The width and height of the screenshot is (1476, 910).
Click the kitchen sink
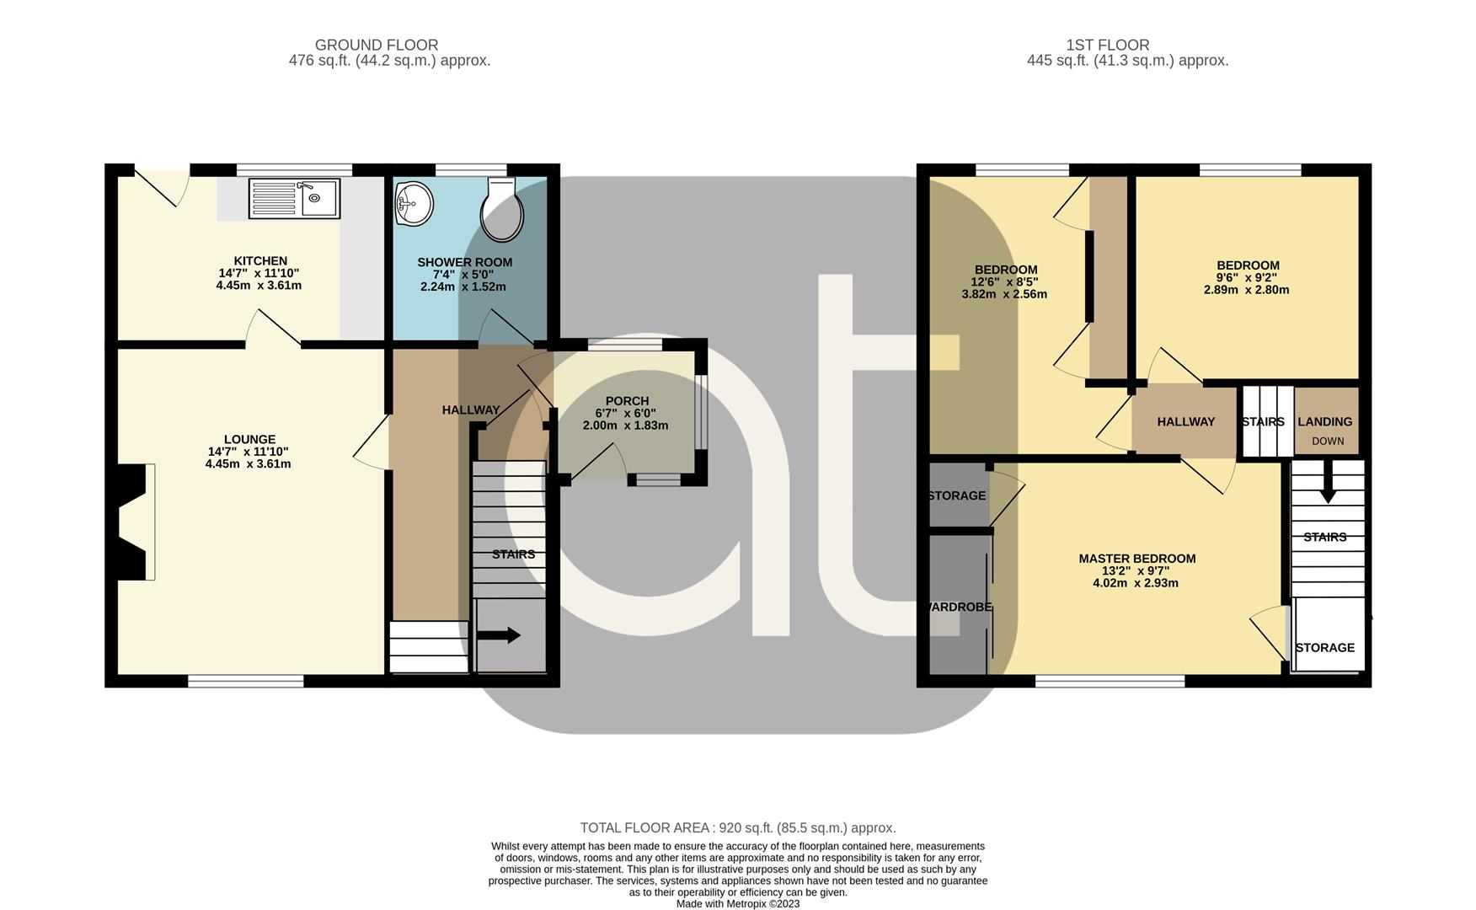click(294, 199)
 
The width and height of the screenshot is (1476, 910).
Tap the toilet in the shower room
click(501, 208)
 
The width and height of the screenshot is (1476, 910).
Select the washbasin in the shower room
click(414, 204)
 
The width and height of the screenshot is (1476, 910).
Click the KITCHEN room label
click(260, 261)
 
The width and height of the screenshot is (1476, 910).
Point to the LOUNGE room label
click(249, 439)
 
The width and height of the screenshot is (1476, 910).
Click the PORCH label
click(627, 401)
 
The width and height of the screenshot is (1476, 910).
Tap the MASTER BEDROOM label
click(1137, 559)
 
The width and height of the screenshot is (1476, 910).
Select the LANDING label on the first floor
click(1324, 421)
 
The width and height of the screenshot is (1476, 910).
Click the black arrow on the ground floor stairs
click(499, 636)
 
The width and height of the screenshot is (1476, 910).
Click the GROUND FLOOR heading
click(377, 45)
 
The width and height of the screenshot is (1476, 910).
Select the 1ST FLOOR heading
click(1107, 45)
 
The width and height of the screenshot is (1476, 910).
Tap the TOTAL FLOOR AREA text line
click(738, 828)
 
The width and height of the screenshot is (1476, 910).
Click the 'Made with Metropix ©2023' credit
click(738, 904)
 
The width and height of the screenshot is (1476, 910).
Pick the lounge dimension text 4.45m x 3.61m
click(248, 463)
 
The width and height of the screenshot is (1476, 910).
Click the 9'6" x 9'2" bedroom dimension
click(1247, 277)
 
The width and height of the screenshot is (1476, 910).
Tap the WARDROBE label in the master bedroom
click(959, 607)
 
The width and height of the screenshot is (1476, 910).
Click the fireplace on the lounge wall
click(134, 522)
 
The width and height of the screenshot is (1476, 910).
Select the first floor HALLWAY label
click(1186, 421)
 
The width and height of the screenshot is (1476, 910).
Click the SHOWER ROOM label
click(464, 262)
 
